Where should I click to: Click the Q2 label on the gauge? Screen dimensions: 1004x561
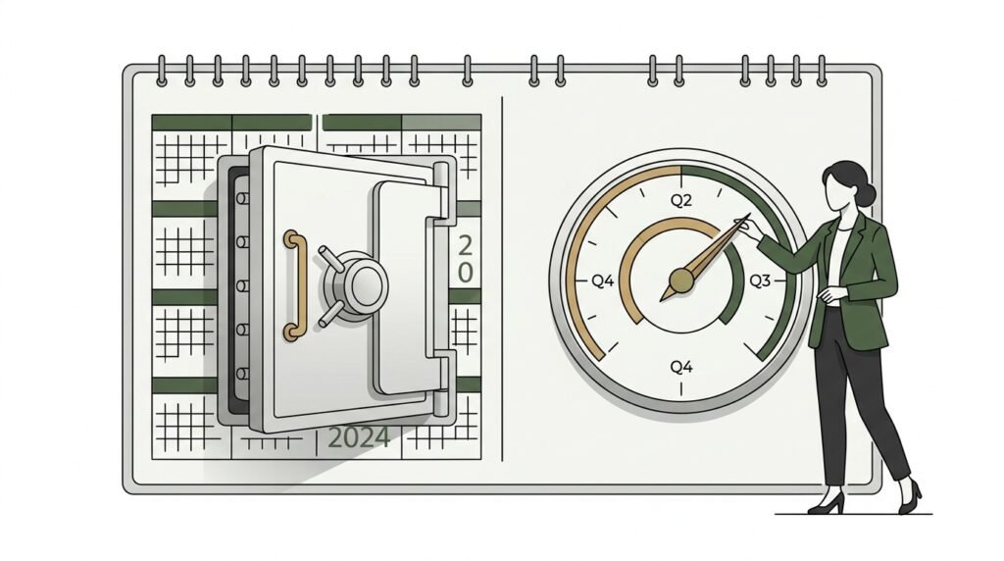(x=681, y=200)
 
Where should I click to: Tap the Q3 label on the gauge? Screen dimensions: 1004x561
(x=760, y=280)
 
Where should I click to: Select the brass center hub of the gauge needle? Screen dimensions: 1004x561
(x=681, y=280)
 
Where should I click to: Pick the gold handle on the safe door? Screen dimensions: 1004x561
(x=293, y=285)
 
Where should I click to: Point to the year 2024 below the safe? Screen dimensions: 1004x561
(x=359, y=438)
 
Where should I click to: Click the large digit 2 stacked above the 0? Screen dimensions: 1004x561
(x=466, y=245)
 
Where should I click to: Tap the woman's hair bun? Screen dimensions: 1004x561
(x=866, y=193)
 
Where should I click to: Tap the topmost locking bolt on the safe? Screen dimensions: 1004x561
(x=242, y=198)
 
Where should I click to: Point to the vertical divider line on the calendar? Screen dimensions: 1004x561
(x=503, y=279)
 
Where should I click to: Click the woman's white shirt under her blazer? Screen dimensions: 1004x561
(x=836, y=256)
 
